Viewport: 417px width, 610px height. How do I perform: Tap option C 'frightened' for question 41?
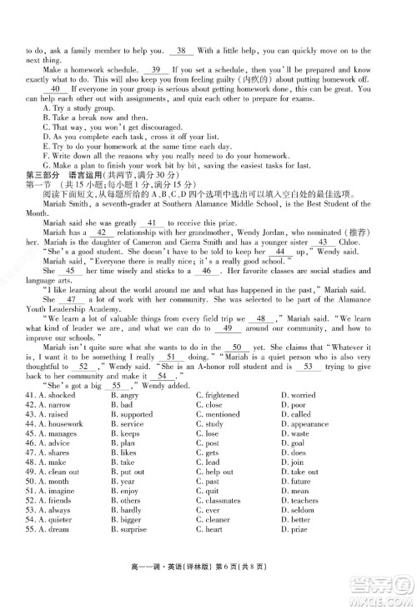point(219,393)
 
